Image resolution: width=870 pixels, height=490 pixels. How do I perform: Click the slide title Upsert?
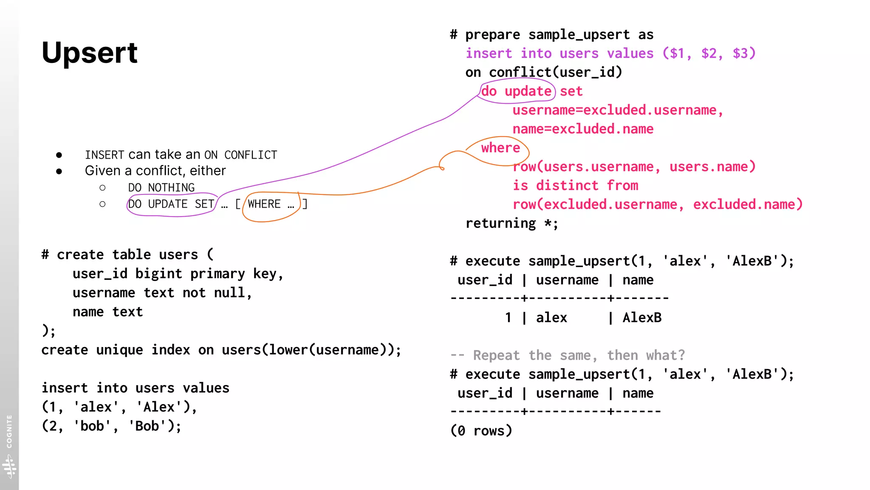click(90, 53)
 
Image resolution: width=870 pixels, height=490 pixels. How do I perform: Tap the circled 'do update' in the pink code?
click(516, 91)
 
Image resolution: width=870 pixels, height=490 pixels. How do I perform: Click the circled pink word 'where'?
click(500, 148)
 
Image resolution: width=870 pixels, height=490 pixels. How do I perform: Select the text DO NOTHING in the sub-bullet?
click(161, 188)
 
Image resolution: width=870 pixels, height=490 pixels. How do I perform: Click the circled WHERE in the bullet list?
click(264, 204)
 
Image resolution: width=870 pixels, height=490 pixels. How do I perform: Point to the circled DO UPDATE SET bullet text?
click(171, 204)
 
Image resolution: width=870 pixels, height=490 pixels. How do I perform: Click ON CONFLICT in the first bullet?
click(240, 155)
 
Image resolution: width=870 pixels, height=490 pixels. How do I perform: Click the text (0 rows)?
click(481, 430)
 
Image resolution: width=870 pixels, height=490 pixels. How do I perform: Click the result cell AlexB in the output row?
click(642, 317)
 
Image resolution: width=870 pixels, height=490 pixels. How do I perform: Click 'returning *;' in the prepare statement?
click(511, 223)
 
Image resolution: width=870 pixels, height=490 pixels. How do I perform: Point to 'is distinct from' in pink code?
click(575, 185)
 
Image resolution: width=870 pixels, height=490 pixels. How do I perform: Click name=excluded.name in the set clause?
click(583, 129)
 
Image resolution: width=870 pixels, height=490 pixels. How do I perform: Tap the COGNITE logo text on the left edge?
click(9, 431)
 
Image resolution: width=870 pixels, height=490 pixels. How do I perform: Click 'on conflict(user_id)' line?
click(543, 72)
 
